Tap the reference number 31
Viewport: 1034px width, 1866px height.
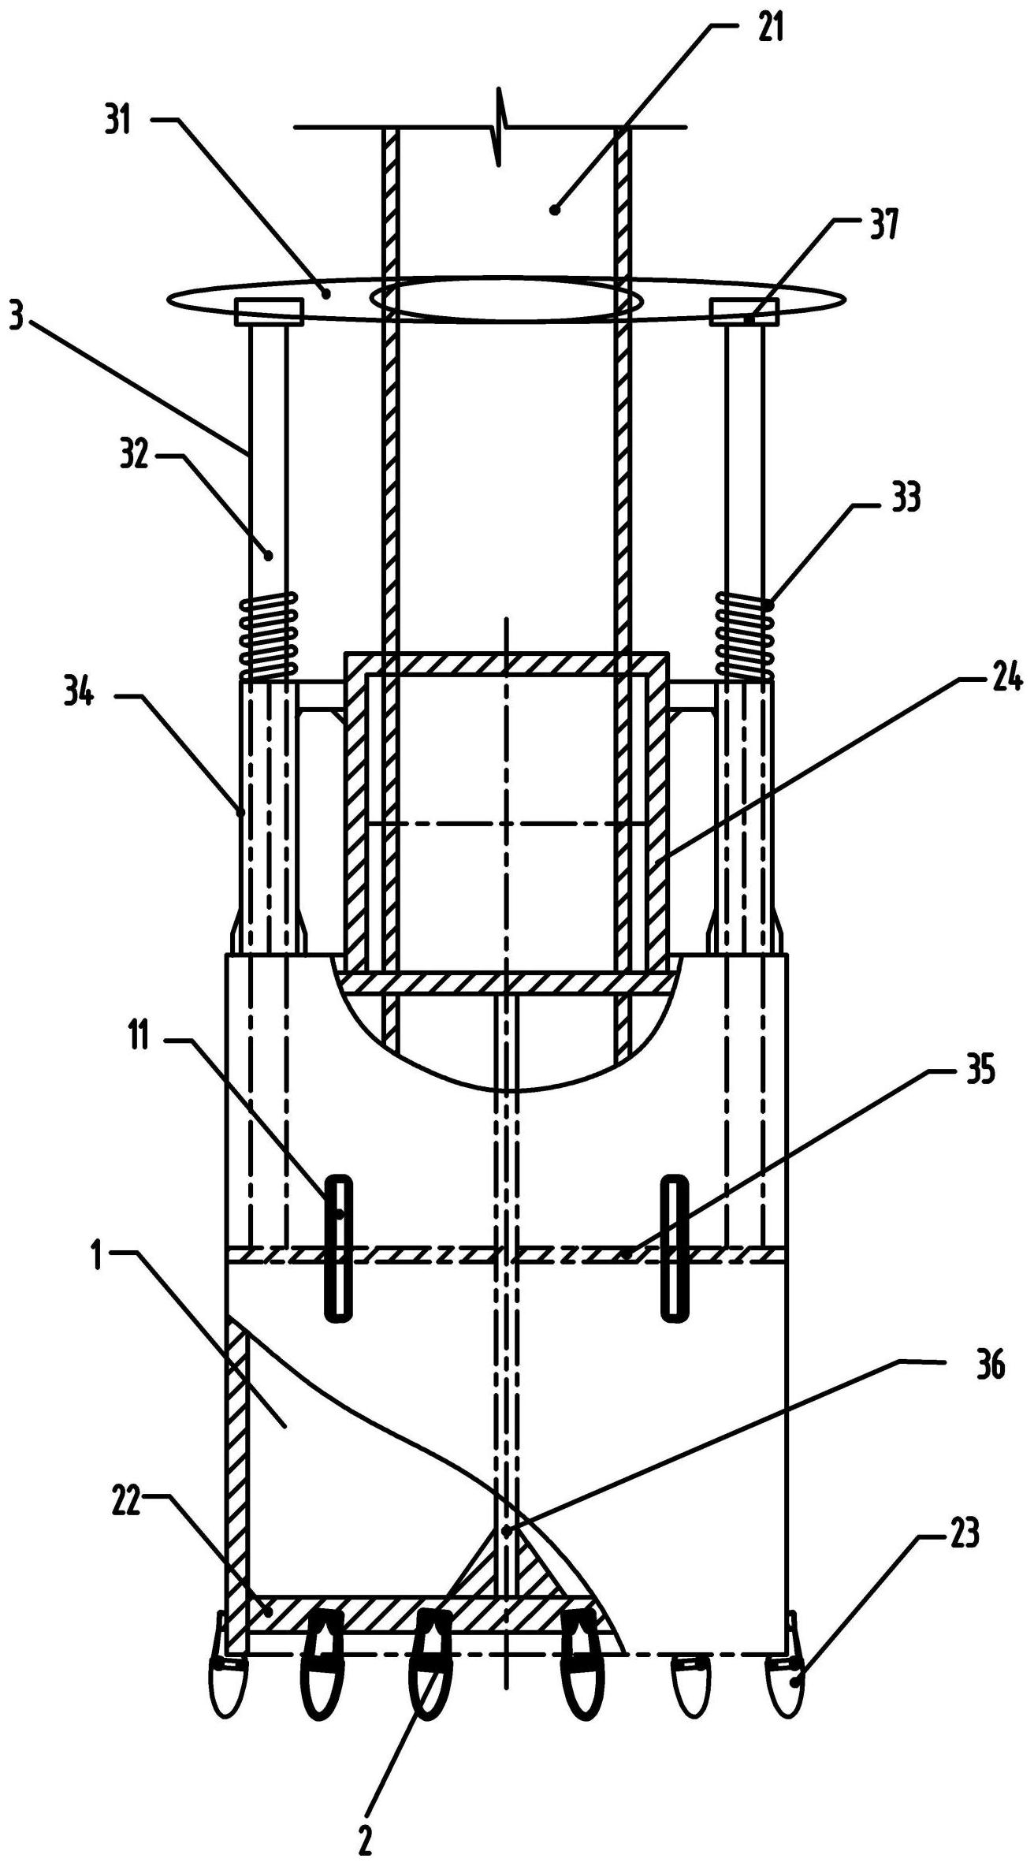click(120, 123)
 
